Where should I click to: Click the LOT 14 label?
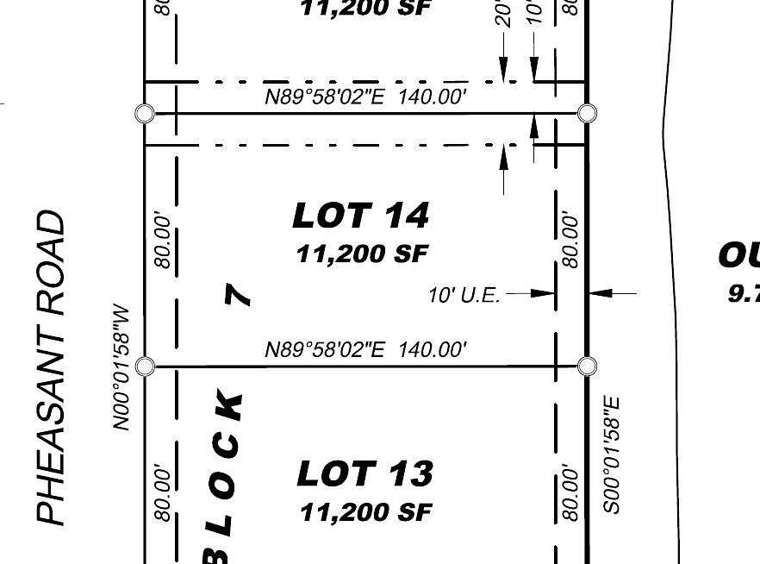click(360, 215)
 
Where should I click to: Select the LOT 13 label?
click(364, 473)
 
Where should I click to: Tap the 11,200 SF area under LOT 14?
click(362, 254)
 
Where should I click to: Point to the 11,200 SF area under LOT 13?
click(364, 512)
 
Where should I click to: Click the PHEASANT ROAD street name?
click(52, 367)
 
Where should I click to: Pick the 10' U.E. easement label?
click(464, 295)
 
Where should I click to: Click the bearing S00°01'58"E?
click(611, 454)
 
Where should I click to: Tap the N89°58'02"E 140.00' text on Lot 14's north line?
click(365, 97)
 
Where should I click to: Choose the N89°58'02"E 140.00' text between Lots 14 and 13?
click(365, 349)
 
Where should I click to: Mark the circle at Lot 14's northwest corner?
click(145, 113)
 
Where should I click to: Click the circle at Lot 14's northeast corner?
click(587, 113)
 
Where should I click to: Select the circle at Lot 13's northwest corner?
click(145, 367)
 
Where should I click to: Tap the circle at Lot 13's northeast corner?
click(587, 367)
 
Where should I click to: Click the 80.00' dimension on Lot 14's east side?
click(570, 241)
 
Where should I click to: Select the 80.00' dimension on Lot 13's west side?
click(162, 493)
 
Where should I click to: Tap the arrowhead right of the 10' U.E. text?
click(545, 293)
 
